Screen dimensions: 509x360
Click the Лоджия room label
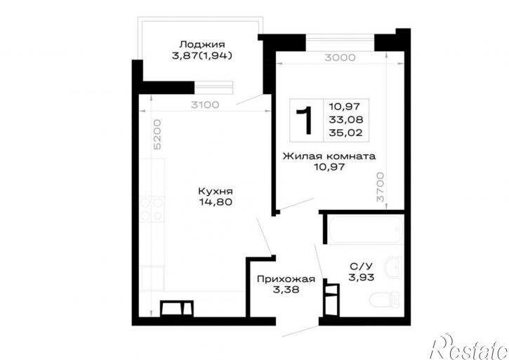coord(202,44)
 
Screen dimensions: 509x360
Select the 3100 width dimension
coord(205,105)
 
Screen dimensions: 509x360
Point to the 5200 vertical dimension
coord(157,135)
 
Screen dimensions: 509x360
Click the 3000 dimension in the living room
coord(340,58)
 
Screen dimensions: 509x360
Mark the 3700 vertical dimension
coord(380,187)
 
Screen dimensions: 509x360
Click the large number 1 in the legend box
coord(305,120)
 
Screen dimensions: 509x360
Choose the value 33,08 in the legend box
coord(345,120)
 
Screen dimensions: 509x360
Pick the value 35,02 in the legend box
coord(345,133)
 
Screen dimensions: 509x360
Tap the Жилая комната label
coord(329,156)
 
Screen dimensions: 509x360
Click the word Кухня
coord(216,191)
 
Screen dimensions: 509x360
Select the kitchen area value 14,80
coord(216,202)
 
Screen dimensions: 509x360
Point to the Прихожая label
coord(286,279)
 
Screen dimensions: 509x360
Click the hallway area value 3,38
coord(286,290)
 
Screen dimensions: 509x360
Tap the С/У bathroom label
coord(362,267)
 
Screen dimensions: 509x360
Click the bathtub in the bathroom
coord(366,229)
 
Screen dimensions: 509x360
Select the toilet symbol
coord(385,299)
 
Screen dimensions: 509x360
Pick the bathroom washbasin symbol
coord(392,267)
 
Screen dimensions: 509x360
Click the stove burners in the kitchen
coord(152,209)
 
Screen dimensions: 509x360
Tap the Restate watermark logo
coord(469,347)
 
